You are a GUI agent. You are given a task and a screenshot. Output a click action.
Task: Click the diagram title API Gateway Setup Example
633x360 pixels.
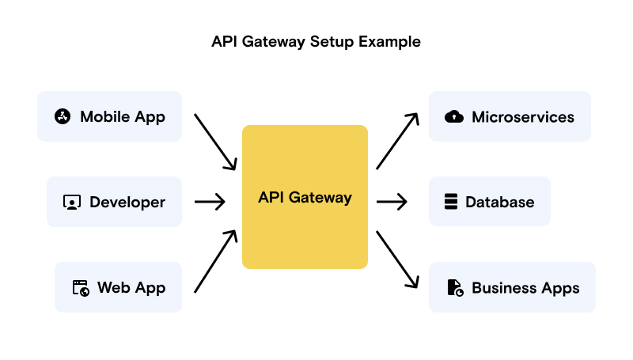(x=316, y=41)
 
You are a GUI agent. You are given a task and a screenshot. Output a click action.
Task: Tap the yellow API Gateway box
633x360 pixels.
(x=305, y=197)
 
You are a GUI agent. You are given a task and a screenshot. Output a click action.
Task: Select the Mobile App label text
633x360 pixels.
(x=123, y=117)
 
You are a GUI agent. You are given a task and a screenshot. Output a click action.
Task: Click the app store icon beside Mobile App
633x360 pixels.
(x=63, y=117)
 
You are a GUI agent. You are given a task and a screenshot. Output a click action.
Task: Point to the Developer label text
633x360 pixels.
(x=127, y=203)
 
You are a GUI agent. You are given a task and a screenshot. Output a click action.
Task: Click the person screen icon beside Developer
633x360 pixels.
(x=72, y=203)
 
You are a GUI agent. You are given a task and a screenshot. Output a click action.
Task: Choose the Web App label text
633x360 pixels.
(x=131, y=287)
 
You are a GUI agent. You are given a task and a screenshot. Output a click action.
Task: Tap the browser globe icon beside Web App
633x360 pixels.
(x=81, y=287)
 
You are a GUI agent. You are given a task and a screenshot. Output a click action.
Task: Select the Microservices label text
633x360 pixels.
(x=523, y=117)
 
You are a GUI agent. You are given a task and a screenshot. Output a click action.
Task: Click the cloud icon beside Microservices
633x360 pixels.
(x=454, y=117)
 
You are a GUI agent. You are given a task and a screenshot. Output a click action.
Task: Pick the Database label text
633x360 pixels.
(x=499, y=203)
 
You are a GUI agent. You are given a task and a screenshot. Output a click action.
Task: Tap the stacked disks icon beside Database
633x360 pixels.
(x=451, y=203)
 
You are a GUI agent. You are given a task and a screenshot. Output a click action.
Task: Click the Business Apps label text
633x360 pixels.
(x=525, y=288)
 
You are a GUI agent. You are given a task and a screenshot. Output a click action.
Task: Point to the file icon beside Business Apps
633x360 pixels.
(x=455, y=288)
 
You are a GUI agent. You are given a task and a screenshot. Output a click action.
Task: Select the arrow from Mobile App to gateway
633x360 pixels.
(x=215, y=142)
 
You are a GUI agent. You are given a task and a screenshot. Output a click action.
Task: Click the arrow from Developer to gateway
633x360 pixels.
(x=210, y=203)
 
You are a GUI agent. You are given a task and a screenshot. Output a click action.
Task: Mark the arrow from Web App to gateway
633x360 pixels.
(x=215, y=262)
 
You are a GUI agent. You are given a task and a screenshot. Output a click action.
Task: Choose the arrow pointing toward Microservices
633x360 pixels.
(x=397, y=141)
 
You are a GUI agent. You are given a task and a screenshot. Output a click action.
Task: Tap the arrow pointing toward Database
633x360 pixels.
(x=392, y=203)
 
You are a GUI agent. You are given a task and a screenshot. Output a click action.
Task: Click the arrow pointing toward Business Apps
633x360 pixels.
(x=397, y=260)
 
